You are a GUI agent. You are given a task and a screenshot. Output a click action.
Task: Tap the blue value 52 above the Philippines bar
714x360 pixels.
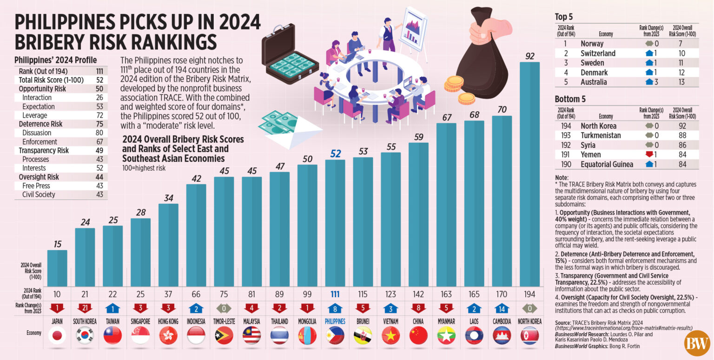[x=335, y=153]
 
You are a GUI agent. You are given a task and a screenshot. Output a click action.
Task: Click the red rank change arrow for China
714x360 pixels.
[x=418, y=308]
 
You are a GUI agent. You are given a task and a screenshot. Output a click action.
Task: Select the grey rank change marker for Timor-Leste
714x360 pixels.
[x=224, y=308]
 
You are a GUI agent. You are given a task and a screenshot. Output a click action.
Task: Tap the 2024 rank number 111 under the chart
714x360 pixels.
[x=335, y=294]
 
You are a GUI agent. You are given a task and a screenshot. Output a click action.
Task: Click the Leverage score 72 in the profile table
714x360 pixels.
[x=99, y=115]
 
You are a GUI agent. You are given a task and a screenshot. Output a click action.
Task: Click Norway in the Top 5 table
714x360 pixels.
[x=592, y=44]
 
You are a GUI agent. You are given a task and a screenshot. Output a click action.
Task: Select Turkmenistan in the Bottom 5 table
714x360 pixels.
[x=601, y=135]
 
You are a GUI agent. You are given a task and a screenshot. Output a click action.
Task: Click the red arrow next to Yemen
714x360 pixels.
[x=649, y=154]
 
